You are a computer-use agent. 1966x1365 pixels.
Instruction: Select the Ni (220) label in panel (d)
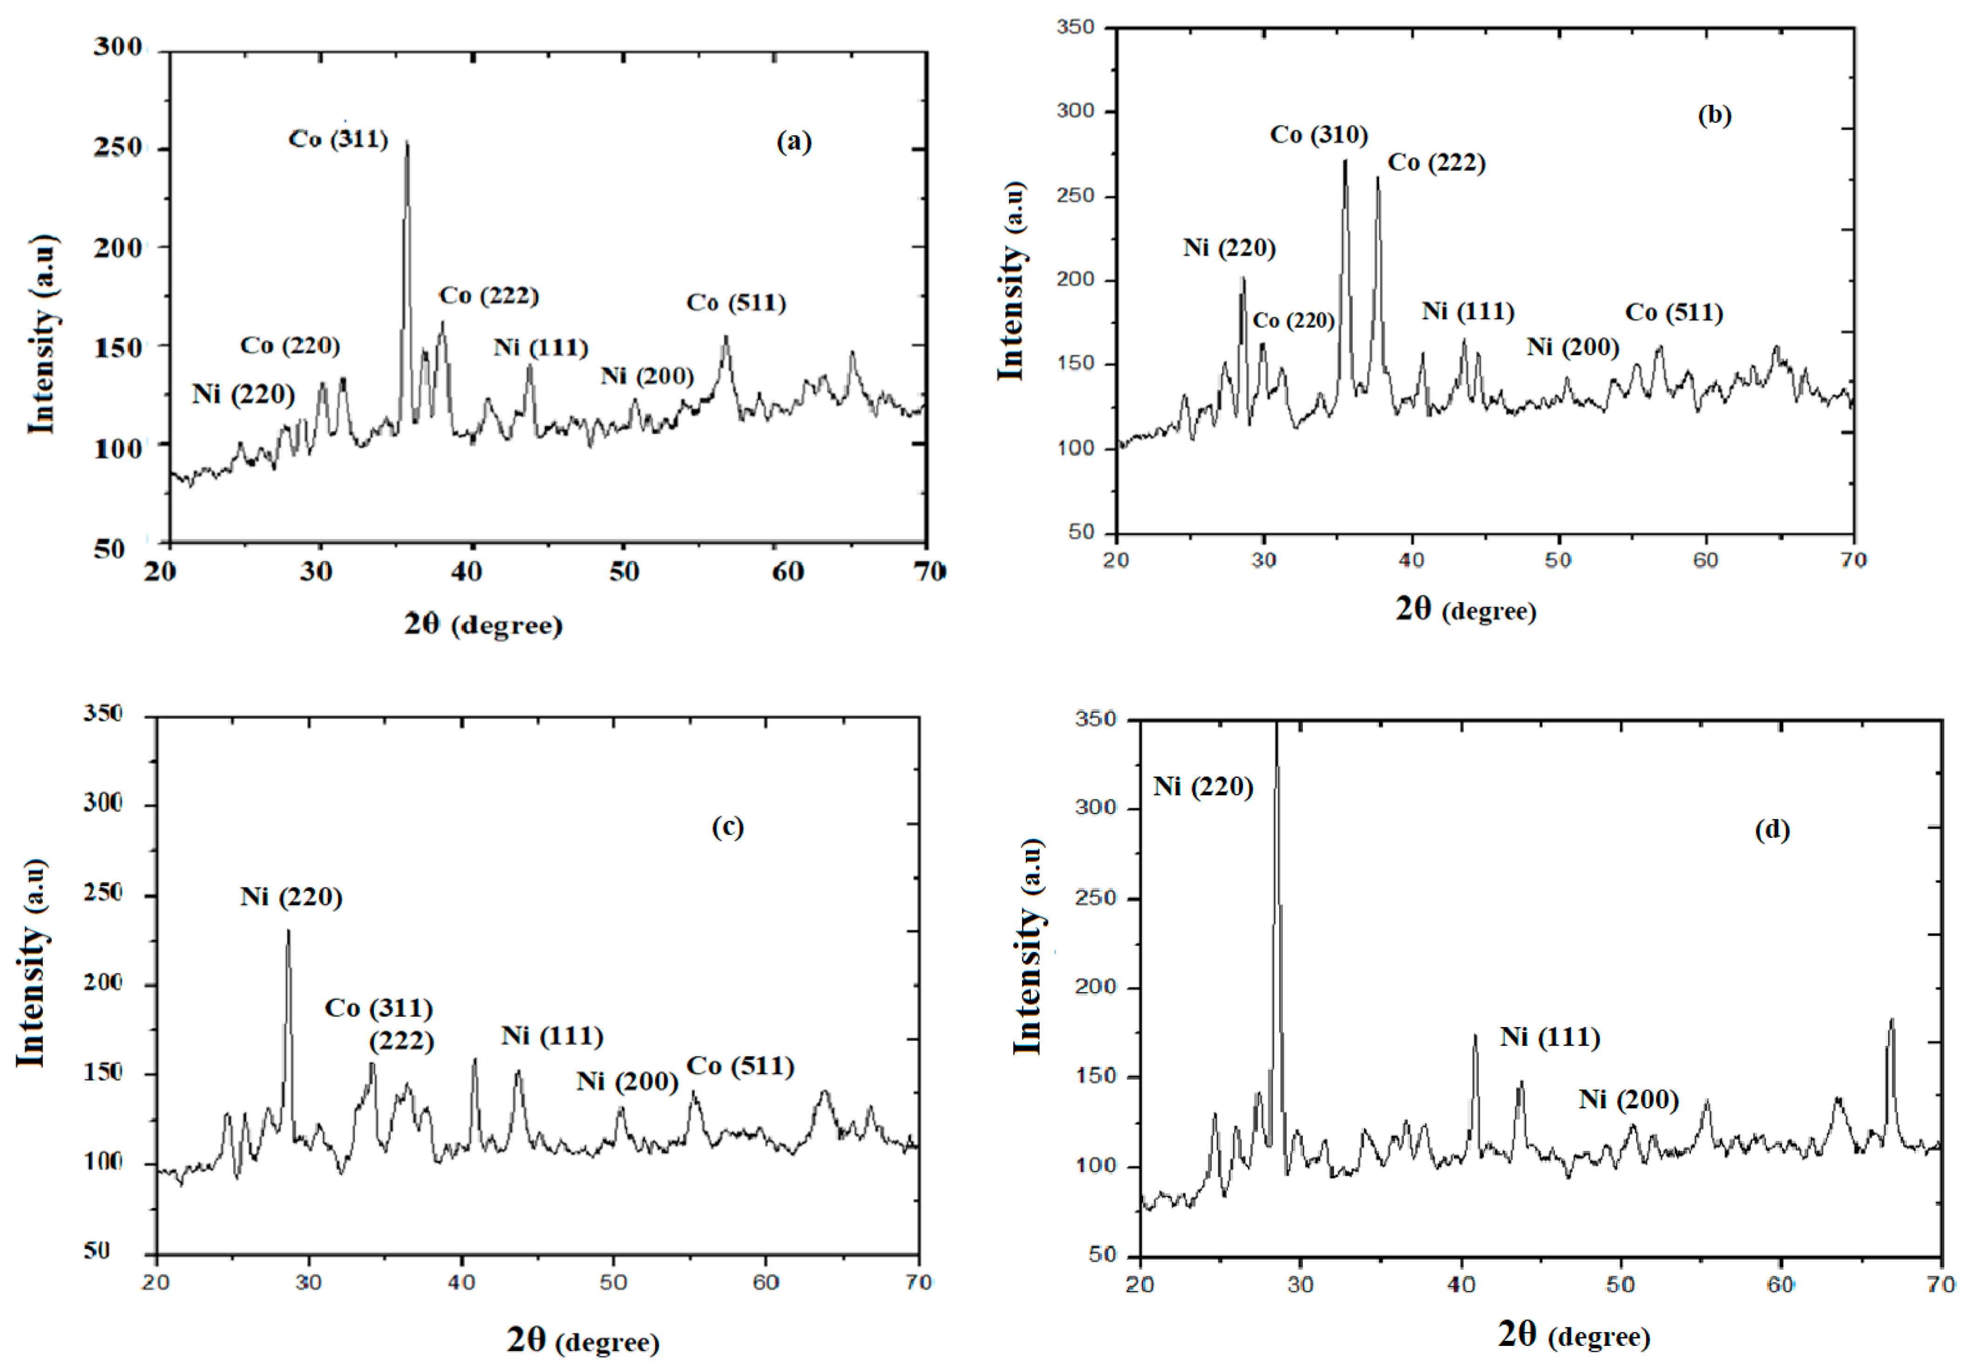pyautogui.click(x=1203, y=786)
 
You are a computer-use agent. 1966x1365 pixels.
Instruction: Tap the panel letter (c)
pyautogui.click(x=728, y=827)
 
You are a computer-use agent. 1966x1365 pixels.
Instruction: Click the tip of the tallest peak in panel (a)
pyautogui.click(x=407, y=142)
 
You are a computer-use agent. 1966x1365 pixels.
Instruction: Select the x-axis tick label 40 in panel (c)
pyautogui.click(x=462, y=1282)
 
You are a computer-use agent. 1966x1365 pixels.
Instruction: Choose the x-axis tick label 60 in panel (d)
pyautogui.click(x=1781, y=1284)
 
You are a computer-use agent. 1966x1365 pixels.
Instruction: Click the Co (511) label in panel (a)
pyautogui.click(x=736, y=303)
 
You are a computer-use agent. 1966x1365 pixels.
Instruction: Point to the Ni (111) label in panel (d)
pyautogui.click(x=1550, y=1037)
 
